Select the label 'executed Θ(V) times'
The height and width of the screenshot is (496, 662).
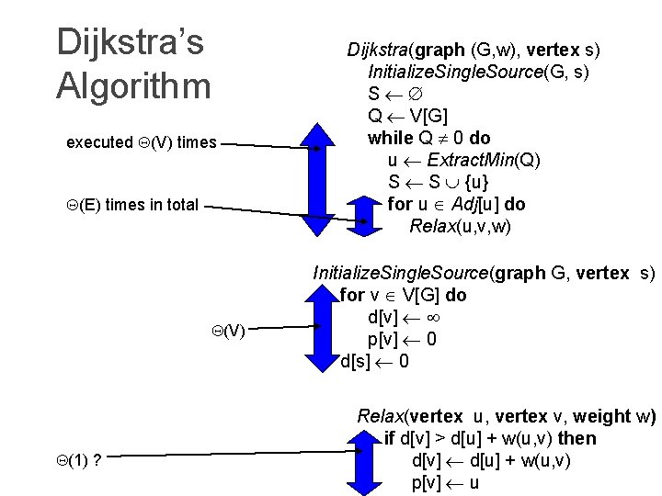click(142, 142)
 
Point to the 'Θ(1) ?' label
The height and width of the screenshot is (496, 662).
click(78, 459)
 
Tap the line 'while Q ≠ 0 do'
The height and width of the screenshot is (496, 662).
click(428, 138)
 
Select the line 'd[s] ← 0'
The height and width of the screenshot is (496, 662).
click(374, 361)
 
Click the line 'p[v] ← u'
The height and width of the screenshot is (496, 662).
click(445, 482)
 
